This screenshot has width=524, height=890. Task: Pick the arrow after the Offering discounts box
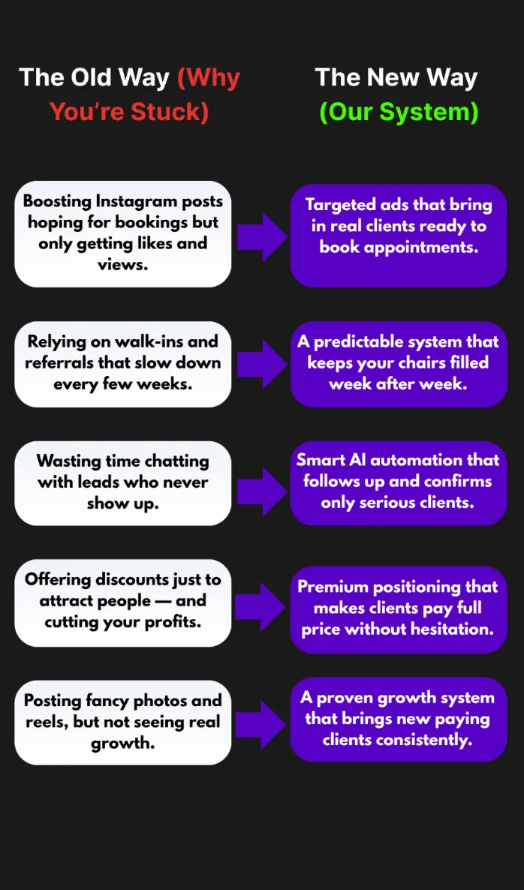click(260, 603)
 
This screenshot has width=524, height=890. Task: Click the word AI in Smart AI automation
click(356, 460)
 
